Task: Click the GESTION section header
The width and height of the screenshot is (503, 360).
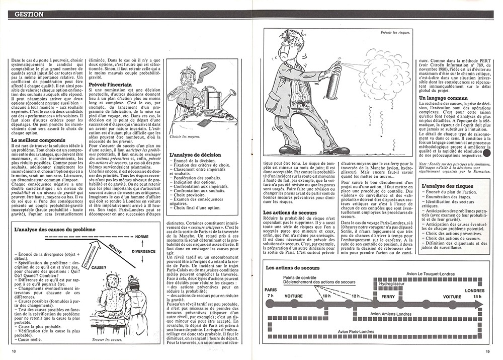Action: (28, 14)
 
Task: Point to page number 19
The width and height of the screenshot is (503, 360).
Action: (487, 351)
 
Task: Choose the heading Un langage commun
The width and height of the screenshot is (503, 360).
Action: (444, 98)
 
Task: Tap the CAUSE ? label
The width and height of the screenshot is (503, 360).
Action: (99, 268)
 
